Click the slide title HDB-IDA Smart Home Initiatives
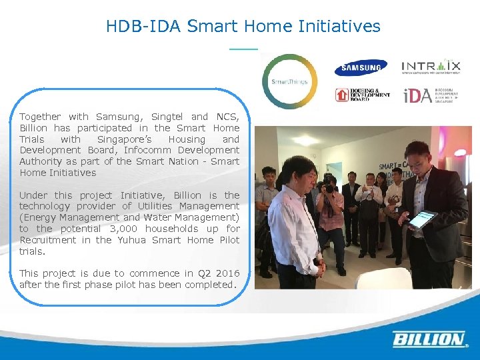click(x=243, y=27)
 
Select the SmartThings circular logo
click(x=289, y=81)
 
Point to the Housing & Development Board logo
click(x=362, y=95)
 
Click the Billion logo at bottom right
click(x=429, y=339)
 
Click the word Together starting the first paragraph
click(x=40, y=117)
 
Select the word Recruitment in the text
click(x=45, y=240)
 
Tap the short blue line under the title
click(x=243, y=49)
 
